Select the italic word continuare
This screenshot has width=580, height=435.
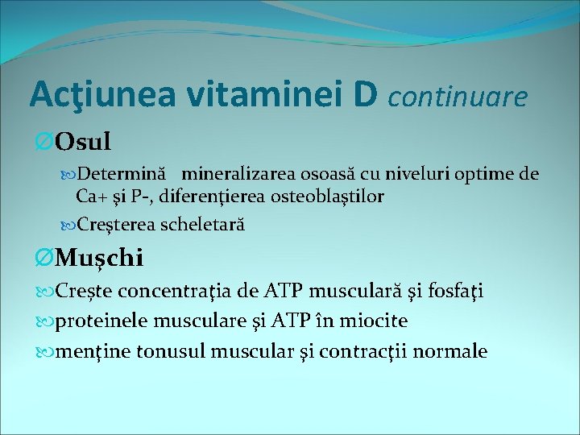458,97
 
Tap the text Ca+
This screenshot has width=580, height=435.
91,196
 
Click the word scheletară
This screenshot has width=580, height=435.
202,224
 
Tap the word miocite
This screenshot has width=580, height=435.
379,321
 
